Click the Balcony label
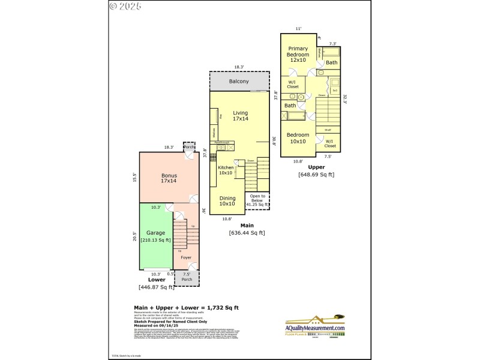(x=239, y=82)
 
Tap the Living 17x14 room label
(x=241, y=116)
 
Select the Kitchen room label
(x=226, y=170)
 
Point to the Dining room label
(x=227, y=200)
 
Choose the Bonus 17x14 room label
(x=169, y=178)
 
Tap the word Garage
(x=155, y=233)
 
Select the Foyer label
(x=186, y=257)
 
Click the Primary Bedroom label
(x=298, y=53)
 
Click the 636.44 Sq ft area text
(x=247, y=233)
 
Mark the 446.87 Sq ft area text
(x=156, y=287)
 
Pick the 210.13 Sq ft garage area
(x=155, y=240)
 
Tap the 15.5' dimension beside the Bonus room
(x=135, y=177)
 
